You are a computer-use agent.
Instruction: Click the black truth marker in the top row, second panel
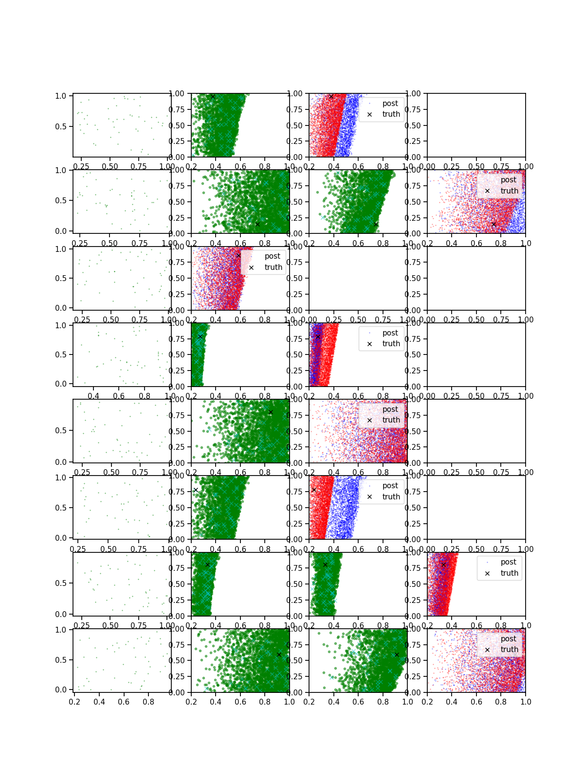click(213, 96)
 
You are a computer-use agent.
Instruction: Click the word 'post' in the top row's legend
click(390, 104)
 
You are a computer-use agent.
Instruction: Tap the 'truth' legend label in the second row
click(509, 191)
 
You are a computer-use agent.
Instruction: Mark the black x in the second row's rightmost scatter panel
click(493, 224)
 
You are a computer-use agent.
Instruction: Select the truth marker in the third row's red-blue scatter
click(238, 255)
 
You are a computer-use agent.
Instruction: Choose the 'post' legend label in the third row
click(272, 256)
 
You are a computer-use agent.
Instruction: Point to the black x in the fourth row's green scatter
click(200, 336)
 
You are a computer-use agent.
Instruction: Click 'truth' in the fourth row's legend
click(391, 344)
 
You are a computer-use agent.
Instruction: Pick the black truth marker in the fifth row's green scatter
click(271, 412)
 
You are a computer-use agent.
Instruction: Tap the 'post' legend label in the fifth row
click(390, 409)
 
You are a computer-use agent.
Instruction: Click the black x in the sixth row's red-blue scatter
click(314, 490)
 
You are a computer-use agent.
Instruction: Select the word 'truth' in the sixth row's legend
click(391, 496)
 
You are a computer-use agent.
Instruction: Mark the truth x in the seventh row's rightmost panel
click(443, 565)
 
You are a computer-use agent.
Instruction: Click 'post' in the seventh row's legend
click(508, 562)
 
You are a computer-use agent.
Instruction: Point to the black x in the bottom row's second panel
click(279, 654)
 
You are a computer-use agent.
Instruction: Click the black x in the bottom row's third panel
click(397, 654)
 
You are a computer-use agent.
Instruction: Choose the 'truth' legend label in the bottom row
click(509, 650)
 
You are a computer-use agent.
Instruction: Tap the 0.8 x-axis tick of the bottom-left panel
click(148, 702)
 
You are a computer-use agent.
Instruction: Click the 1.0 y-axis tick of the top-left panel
click(61, 96)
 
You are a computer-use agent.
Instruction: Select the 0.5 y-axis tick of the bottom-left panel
click(61, 660)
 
